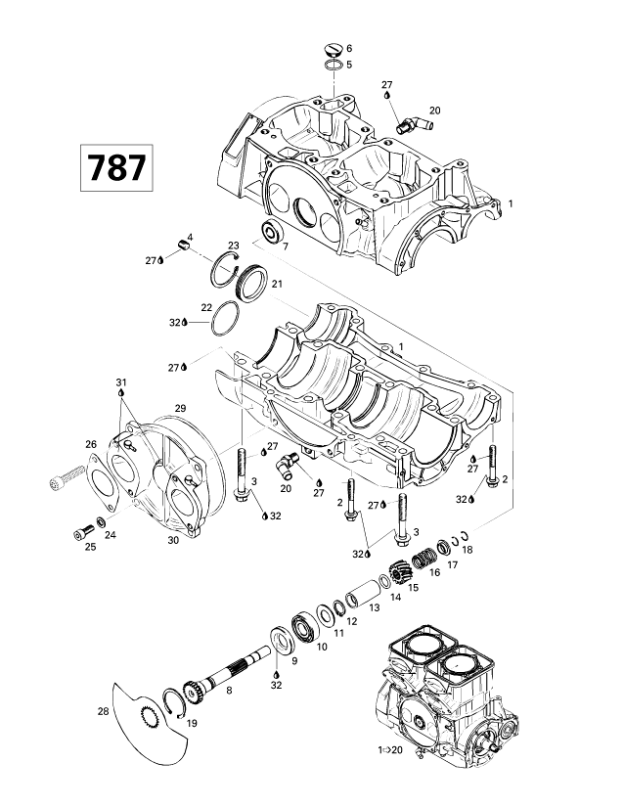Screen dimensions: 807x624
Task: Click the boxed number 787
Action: [x=116, y=168]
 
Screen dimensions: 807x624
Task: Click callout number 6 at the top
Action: [x=349, y=48]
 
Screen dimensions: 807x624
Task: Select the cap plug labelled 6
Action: [x=332, y=48]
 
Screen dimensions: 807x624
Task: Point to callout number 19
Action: [x=191, y=724]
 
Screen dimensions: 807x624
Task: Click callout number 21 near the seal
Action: [x=277, y=284]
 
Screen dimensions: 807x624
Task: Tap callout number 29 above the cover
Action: [x=180, y=407]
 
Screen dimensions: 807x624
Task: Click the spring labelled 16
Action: [x=424, y=559]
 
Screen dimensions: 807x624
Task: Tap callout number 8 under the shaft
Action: [x=229, y=691]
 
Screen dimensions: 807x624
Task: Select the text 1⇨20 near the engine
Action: [x=392, y=750]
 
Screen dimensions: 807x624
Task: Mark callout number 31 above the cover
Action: [x=120, y=381]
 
